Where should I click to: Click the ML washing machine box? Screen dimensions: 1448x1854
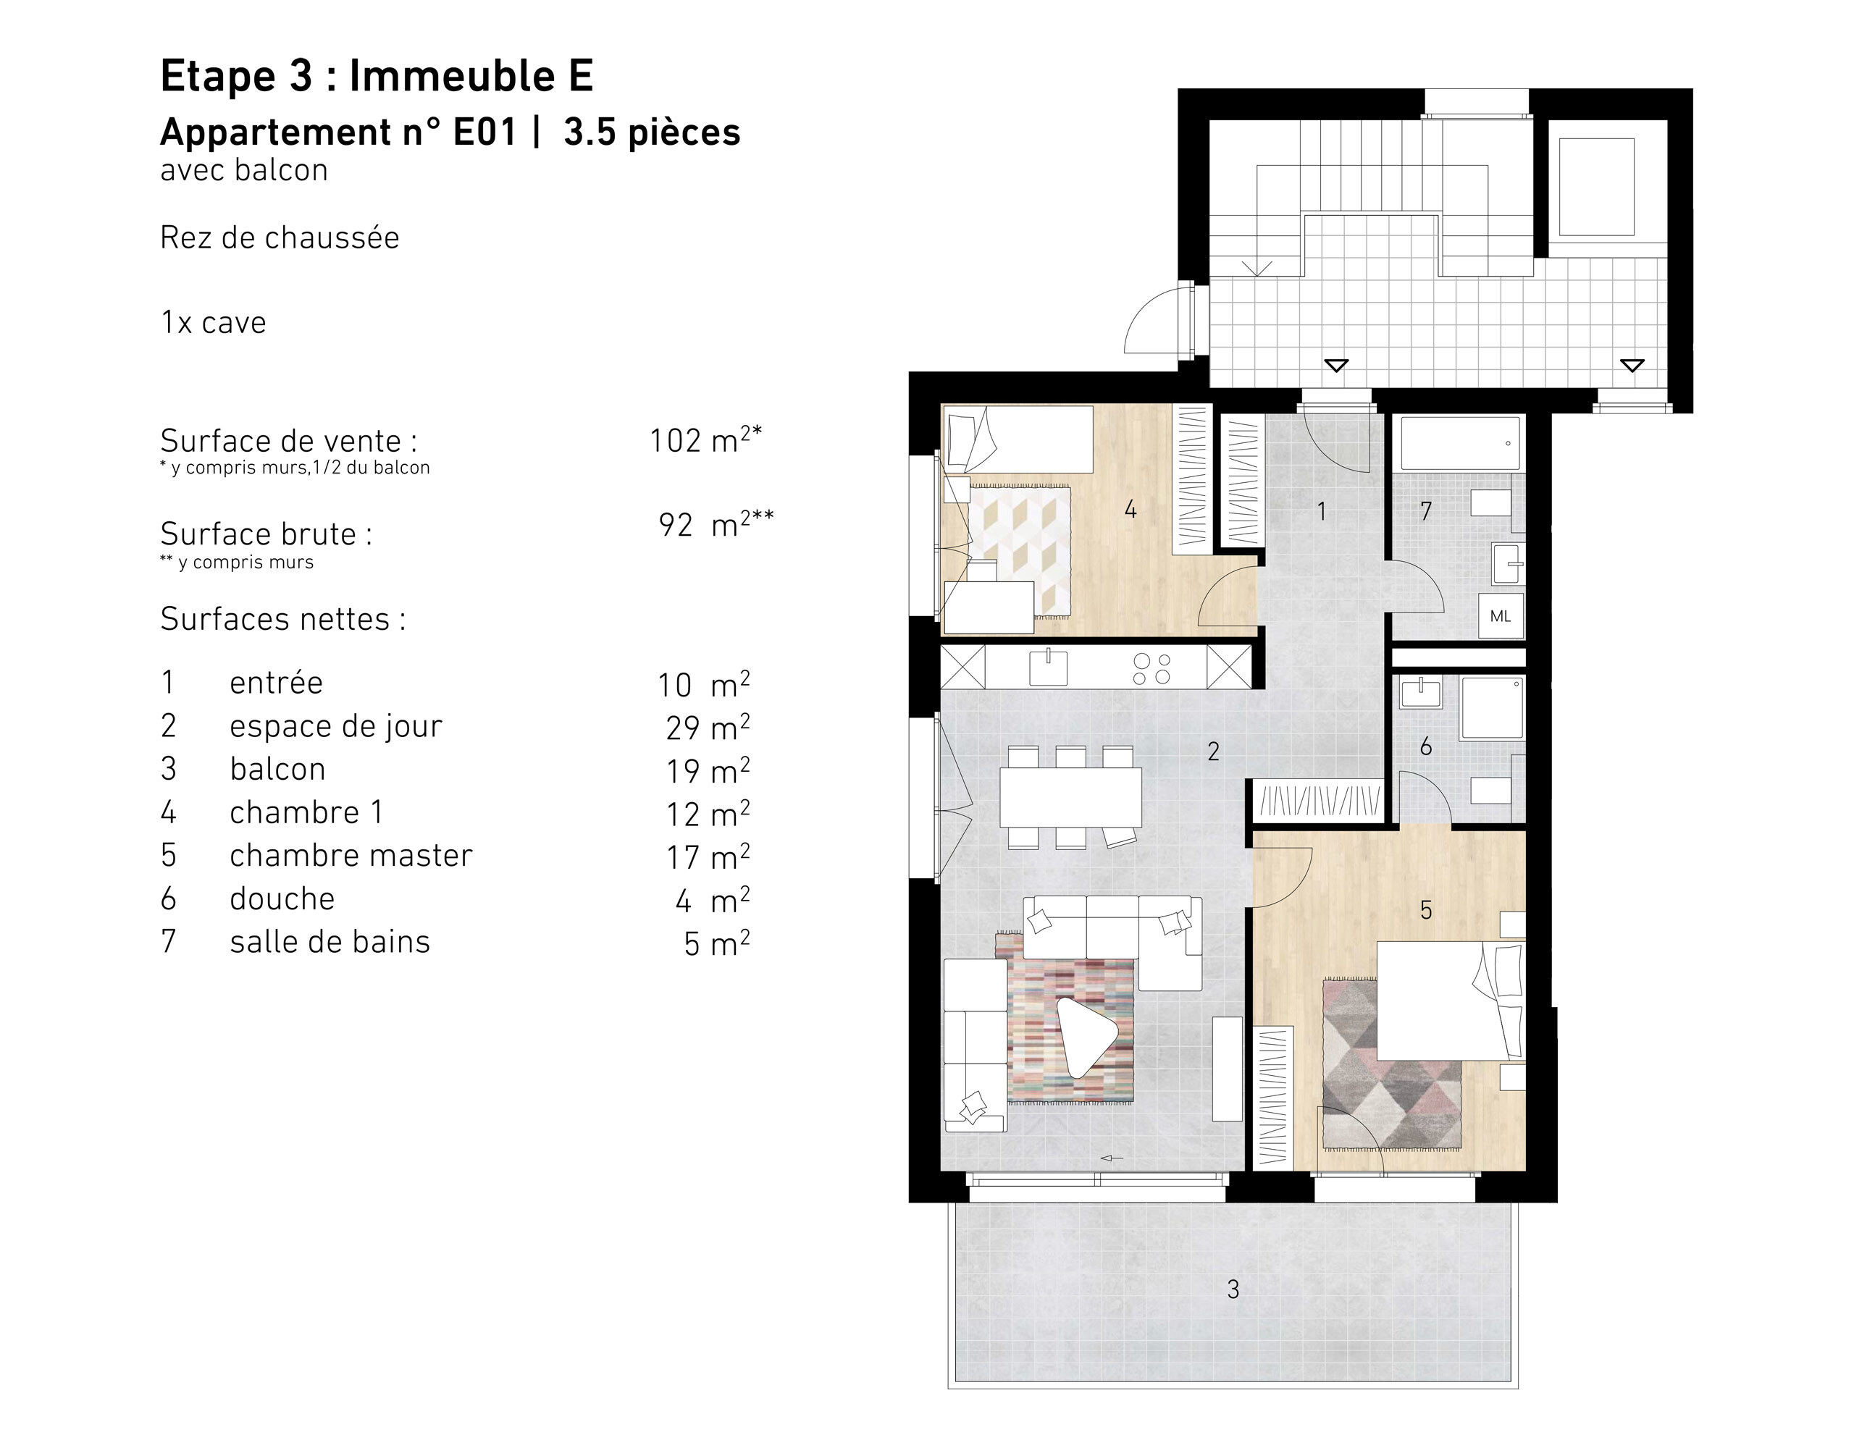1500,616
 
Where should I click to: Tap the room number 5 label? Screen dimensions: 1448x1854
1426,911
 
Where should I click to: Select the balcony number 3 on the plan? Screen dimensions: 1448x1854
1233,1289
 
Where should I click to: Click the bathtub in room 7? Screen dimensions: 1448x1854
1460,442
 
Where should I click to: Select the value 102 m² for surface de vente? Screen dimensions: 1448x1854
705,439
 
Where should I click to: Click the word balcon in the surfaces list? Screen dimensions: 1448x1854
277,769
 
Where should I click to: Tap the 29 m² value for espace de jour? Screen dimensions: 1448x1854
707,728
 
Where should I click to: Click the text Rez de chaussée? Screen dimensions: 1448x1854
280,237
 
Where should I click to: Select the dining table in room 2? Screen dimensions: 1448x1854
1070,796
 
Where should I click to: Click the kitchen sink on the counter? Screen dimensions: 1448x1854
1049,667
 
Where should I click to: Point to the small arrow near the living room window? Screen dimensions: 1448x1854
1112,1158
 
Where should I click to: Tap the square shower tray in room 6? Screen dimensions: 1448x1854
1491,707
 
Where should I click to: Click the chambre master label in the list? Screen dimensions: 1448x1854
351,856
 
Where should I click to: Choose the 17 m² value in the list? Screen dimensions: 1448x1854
707,857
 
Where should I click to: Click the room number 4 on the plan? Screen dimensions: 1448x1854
1130,509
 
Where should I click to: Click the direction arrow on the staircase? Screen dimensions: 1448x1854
1257,268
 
